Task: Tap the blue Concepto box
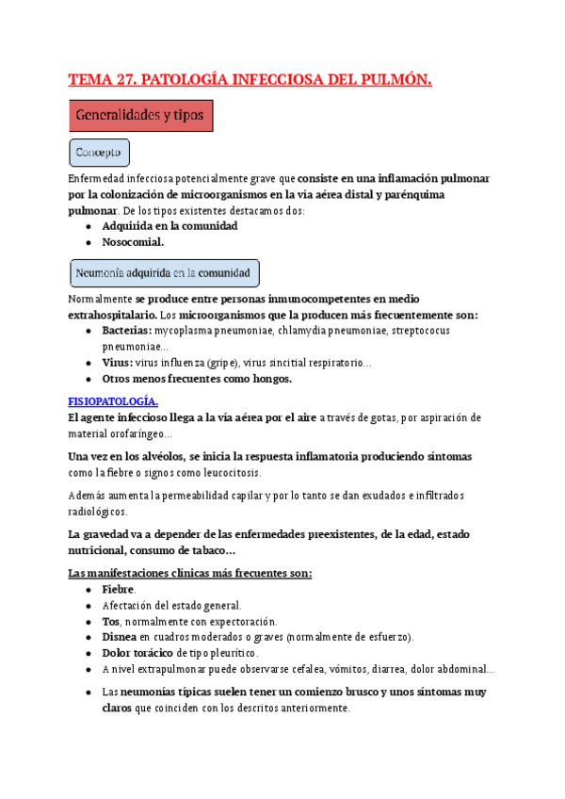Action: pyautogui.click(x=100, y=153)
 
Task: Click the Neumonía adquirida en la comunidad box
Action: pyautogui.click(x=165, y=273)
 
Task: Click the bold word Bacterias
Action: pyautogui.click(x=126, y=331)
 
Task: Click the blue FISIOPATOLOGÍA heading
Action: pyautogui.click(x=114, y=400)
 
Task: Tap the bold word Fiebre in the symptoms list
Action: pyautogui.click(x=119, y=589)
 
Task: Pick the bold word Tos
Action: pyautogui.click(x=110, y=622)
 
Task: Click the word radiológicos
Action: pyautogui.click(x=99, y=512)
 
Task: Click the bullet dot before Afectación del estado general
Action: pyautogui.click(x=88, y=606)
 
